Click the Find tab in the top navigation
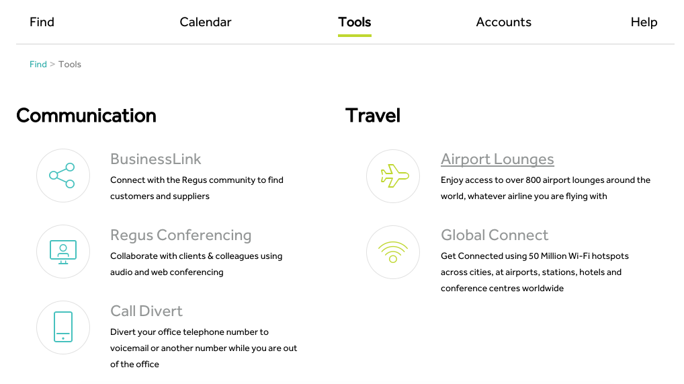[42, 22]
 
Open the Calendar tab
[206, 22]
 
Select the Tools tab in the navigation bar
[355, 22]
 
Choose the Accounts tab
[503, 22]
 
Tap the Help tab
[644, 22]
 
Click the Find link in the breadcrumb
[38, 64]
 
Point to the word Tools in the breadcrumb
[70, 64]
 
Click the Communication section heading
[86, 115]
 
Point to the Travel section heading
[372, 115]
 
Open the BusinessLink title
[155, 159]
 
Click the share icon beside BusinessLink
[62, 176]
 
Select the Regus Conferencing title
[181, 235]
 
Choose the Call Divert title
[146, 311]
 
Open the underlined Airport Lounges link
[497, 159]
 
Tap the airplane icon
[395, 176]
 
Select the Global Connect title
[495, 235]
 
